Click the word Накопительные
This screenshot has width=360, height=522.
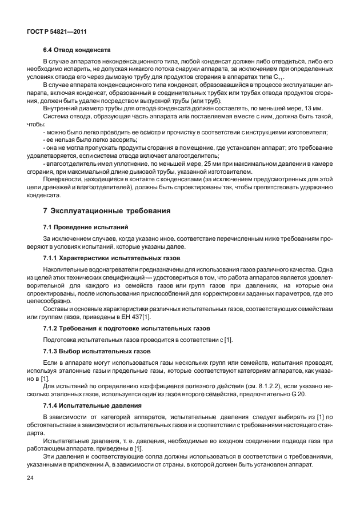66,268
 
